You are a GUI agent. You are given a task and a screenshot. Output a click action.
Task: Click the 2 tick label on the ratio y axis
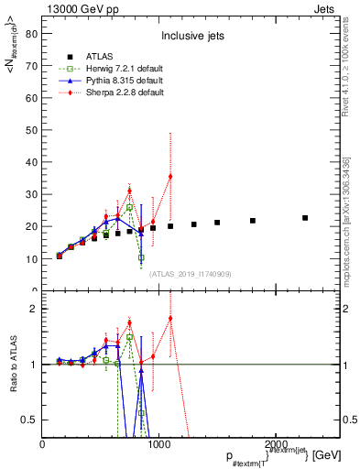click(34, 309)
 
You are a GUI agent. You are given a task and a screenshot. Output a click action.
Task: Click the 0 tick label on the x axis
click(43, 444)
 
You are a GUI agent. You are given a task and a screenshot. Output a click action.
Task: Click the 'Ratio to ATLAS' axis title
click(13, 364)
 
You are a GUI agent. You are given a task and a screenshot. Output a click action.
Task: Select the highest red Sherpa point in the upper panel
click(170, 176)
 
